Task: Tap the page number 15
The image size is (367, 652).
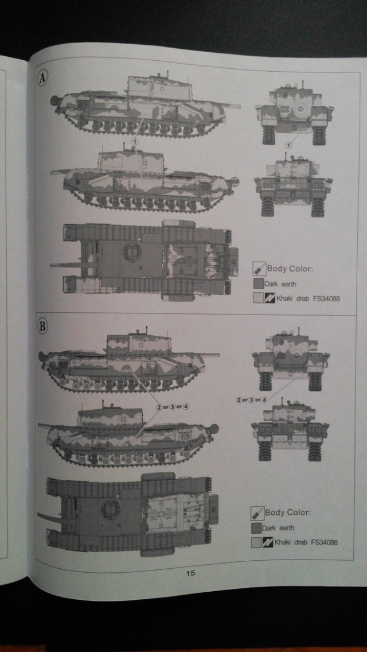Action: coord(190,573)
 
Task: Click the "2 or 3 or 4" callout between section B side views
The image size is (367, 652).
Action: coord(171,406)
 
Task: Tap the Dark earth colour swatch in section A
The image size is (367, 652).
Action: coord(257,284)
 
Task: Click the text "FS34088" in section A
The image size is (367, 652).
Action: coord(322,298)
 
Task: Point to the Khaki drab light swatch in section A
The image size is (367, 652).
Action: coord(257,298)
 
